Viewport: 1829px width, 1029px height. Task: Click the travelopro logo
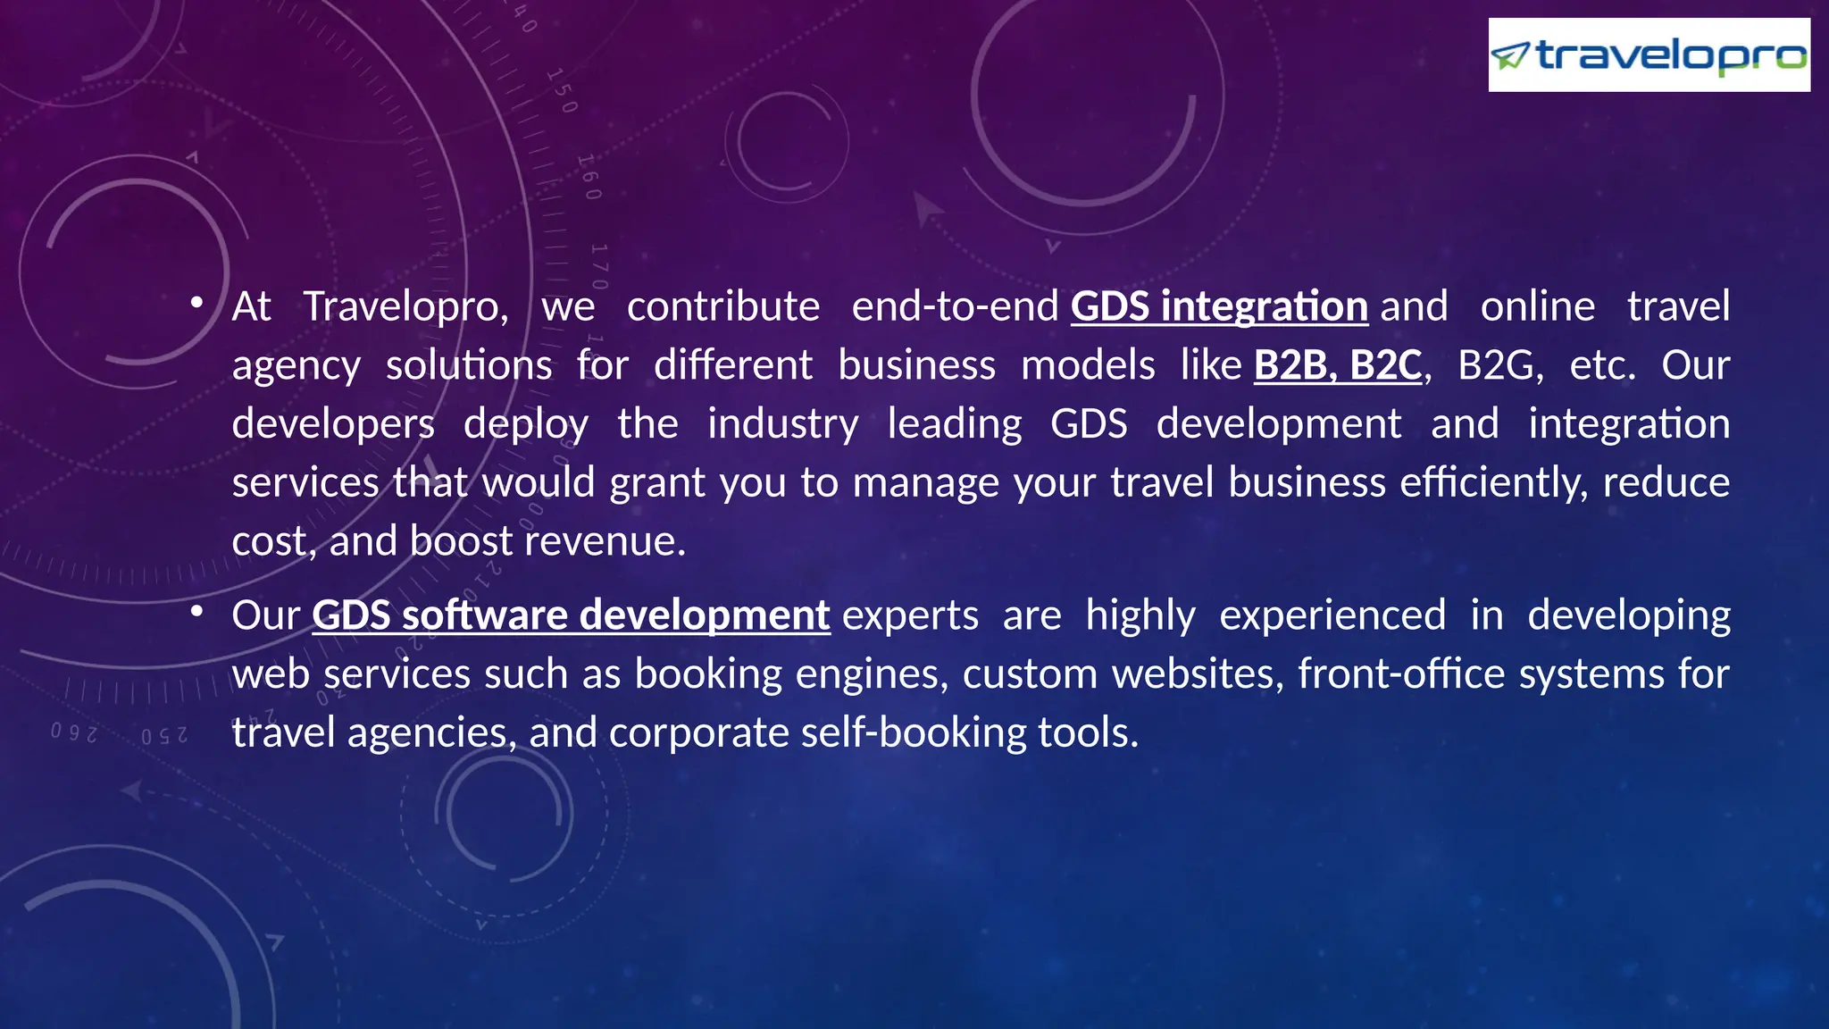coord(1649,55)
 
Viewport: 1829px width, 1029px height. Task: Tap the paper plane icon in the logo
coord(1511,56)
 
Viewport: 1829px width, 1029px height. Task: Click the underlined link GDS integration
coord(1219,306)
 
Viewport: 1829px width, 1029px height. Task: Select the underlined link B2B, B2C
coord(1337,365)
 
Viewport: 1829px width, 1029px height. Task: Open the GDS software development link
coord(571,615)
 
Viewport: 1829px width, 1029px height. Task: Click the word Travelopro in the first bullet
coord(405,306)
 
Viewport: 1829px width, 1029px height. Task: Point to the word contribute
coord(723,306)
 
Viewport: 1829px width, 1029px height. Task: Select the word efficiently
coord(1493,482)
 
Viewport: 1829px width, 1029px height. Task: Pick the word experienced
coord(1332,615)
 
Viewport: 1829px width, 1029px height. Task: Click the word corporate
coord(698,732)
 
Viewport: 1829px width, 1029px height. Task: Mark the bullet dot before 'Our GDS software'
coord(196,612)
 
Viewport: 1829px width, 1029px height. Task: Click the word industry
coord(782,424)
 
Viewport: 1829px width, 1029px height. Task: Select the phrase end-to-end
coord(955,306)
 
